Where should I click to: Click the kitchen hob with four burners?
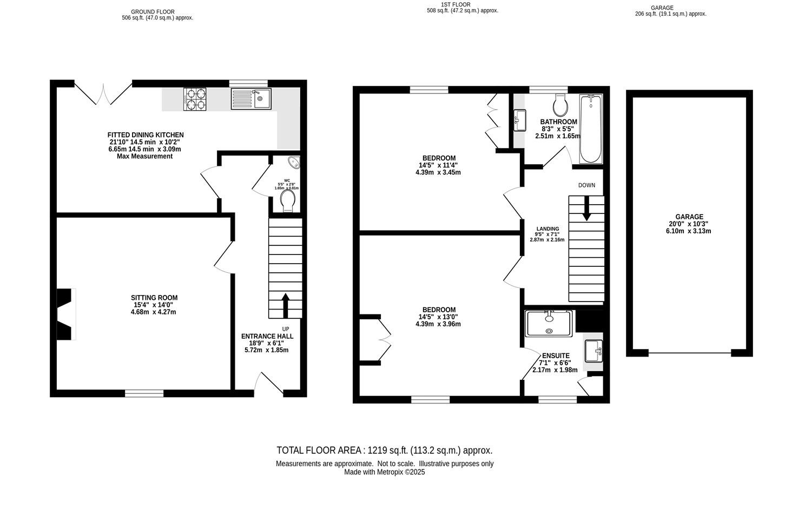click(x=195, y=99)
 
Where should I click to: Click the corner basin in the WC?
click(x=294, y=162)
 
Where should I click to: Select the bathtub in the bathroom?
click(x=590, y=129)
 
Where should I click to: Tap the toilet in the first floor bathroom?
click(x=560, y=103)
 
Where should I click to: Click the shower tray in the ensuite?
click(x=549, y=324)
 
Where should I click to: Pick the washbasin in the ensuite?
click(x=593, y=351)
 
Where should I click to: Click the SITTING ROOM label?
click(x=154, y=298)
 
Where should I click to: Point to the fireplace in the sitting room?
click(x=65, y=314)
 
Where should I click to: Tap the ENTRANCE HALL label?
click(x=267, y=336)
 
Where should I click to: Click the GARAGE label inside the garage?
click(x=689, y=217)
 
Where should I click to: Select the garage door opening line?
click(x=690, y=353)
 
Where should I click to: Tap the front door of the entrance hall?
click(x=269, y=385)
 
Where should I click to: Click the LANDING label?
click(x=547, y=229)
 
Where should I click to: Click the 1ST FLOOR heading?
click(x=448, y=4)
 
